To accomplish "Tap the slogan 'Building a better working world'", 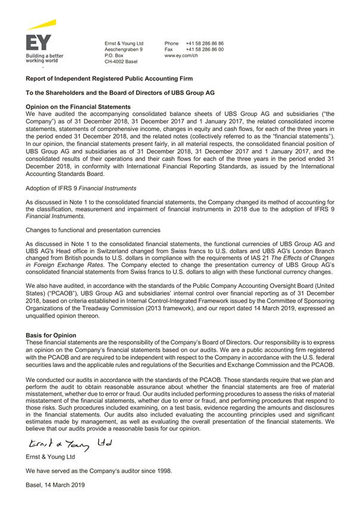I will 44,58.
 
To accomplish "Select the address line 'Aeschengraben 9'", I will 123,49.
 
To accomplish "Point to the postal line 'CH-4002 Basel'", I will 120,61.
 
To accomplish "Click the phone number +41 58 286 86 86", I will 204,44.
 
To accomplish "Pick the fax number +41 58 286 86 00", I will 204,49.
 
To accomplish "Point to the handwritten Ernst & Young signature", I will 65,445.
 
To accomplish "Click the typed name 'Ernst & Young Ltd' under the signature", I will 50,457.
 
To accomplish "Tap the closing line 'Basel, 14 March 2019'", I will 55,485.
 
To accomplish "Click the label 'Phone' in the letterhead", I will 172,44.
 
